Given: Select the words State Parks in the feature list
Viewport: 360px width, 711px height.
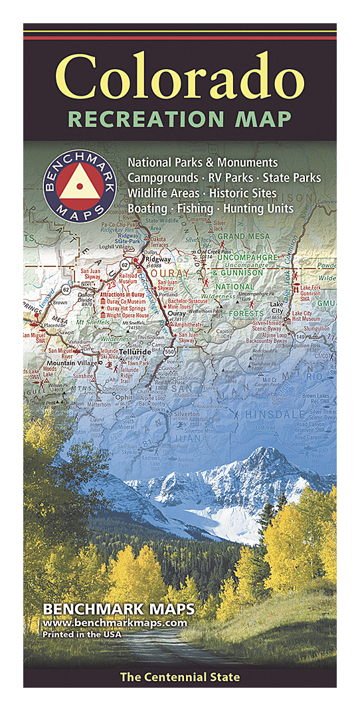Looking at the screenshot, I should (292, 178).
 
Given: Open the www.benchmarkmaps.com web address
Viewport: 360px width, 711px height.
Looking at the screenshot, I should (114, 623).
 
